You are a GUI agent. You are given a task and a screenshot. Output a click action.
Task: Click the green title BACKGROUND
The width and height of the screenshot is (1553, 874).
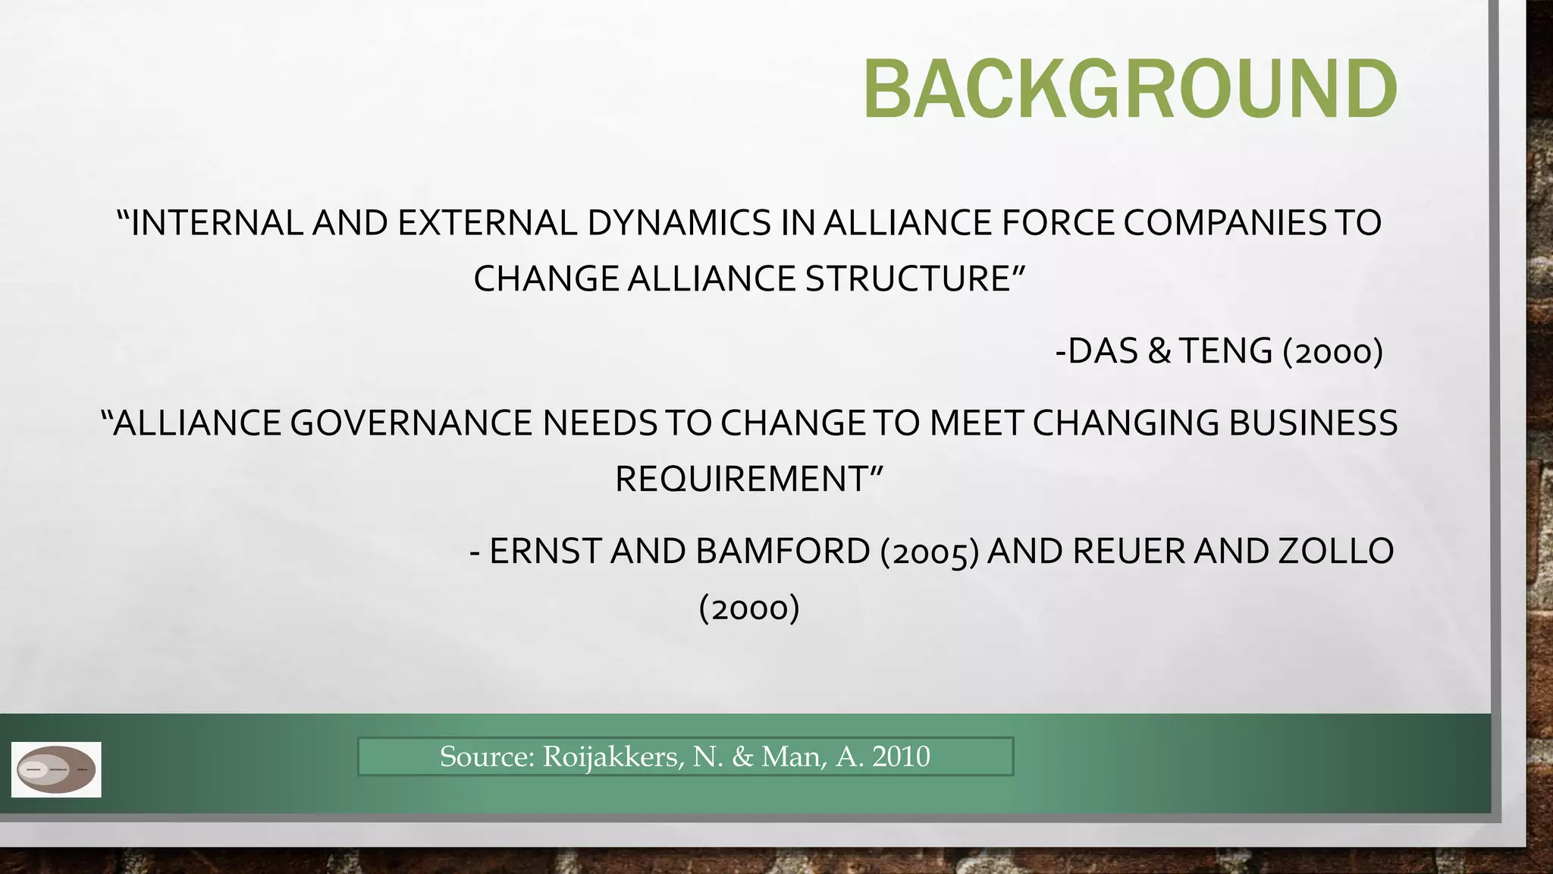tap(1130, 90)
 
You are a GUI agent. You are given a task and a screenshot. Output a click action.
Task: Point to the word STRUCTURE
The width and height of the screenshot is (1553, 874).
tap(908, 278)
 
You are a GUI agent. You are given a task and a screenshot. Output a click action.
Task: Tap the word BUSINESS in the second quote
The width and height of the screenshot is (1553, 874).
tap(1313, 423)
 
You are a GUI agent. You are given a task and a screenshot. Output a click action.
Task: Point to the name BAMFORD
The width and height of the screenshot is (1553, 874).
tap(783, 552)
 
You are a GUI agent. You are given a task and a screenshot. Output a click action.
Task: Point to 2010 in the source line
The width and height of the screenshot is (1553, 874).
tap(901, 756)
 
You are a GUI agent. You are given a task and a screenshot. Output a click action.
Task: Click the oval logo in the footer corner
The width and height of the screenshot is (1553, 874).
tap(56, 769)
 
